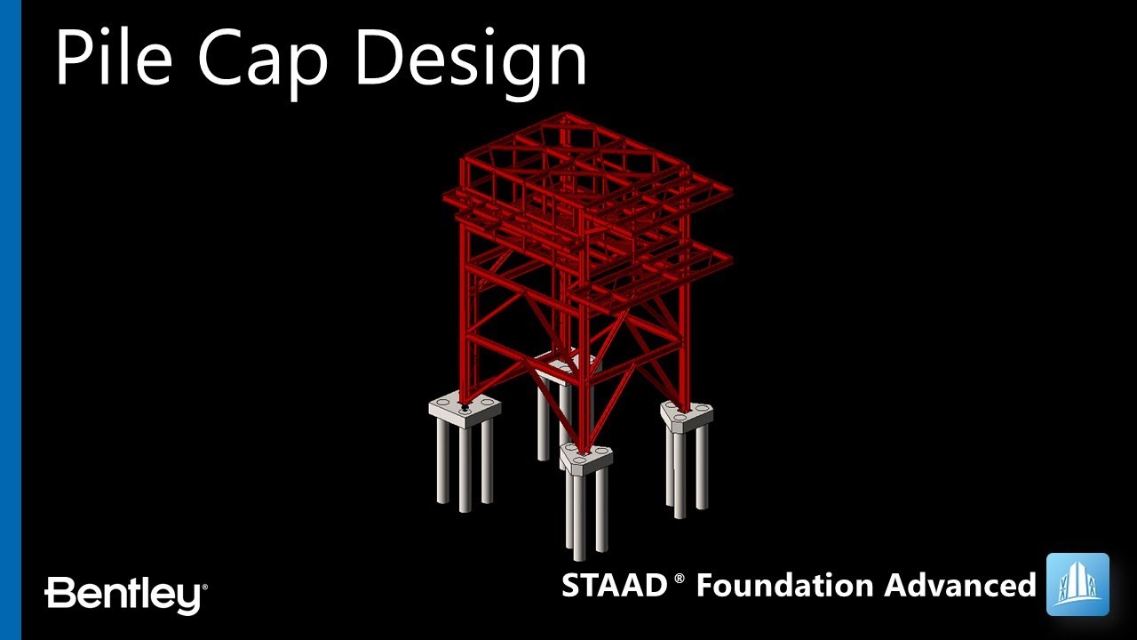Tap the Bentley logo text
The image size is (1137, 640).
125,594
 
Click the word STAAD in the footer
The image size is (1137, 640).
614,585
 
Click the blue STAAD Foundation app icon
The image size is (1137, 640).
1077,584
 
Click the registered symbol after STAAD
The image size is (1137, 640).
680,579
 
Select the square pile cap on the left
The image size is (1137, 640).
464,409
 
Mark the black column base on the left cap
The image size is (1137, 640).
465,408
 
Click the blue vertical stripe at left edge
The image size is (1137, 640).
10,320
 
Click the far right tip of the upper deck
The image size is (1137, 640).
730,192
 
